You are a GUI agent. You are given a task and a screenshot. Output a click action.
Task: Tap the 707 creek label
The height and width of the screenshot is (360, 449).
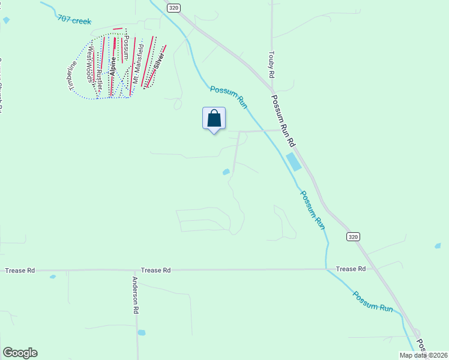74,20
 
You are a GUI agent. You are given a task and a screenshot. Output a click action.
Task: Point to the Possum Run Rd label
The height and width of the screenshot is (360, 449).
283,121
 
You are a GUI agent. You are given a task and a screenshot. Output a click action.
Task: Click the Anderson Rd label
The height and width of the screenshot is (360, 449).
136,295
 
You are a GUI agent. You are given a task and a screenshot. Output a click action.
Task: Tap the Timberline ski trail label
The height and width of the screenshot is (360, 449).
74,76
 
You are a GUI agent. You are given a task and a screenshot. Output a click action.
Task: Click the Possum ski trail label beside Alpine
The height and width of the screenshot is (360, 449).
126,46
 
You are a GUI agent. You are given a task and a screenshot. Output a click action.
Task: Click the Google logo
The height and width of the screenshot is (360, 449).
20,353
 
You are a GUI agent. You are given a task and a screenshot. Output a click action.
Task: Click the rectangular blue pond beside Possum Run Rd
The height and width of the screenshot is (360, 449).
294,161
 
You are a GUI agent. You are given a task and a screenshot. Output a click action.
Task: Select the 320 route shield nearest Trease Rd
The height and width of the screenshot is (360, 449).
354,237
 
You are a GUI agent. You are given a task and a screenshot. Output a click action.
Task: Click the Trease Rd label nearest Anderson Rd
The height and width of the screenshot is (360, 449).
155,271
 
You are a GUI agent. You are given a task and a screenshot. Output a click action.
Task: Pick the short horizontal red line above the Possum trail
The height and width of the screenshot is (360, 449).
118,28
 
